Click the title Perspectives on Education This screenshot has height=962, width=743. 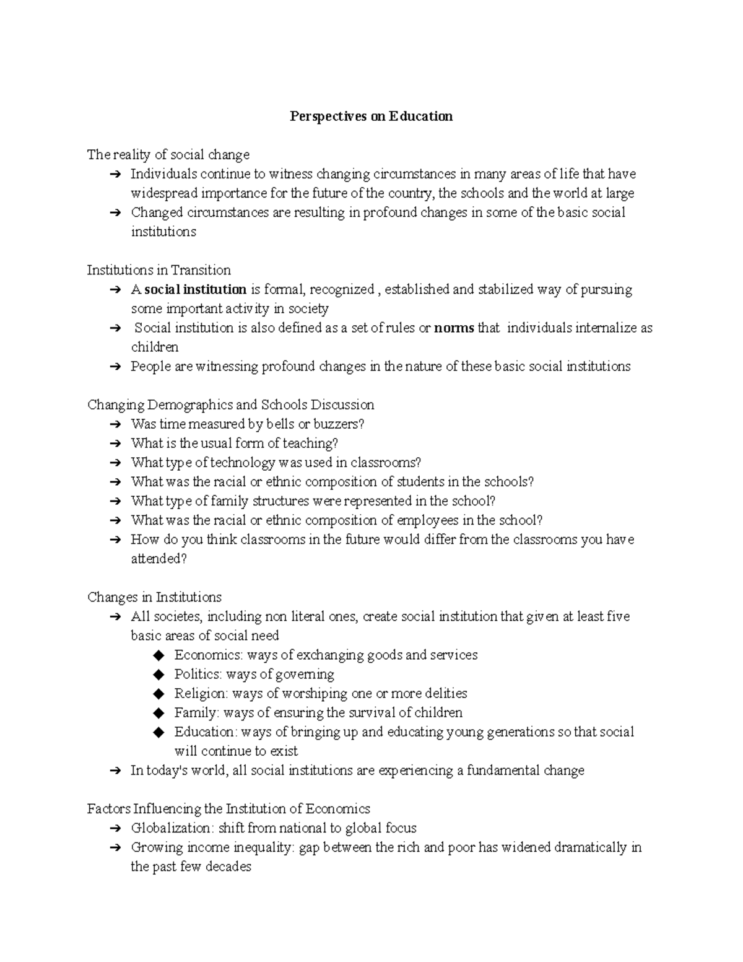(371, 116)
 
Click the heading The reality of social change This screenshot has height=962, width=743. (168, 155)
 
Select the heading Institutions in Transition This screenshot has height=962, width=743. (159, 270)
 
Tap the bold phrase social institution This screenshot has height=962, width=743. (196, 289)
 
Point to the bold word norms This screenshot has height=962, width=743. (454, 328)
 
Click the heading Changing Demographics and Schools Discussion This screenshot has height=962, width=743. (230, 404)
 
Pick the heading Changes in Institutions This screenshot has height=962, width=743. (154, 597)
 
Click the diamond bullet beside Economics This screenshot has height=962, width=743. (159, 655)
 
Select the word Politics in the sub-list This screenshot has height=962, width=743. (197, 674)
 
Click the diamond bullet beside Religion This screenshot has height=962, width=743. (159, 694)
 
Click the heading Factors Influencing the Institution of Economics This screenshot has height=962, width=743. (228, 809)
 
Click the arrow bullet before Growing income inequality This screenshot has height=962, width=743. (115, 848)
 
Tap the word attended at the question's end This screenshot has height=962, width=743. (155, 559)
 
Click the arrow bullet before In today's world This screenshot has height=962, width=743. (115, 771)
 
